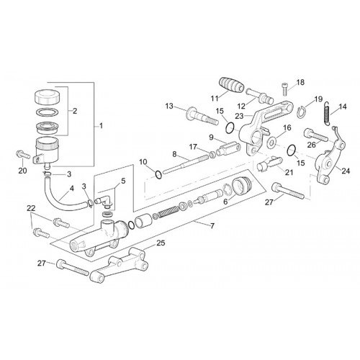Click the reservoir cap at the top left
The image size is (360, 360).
click(x=47, y=96)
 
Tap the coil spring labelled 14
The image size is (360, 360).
click(x=327, y=113)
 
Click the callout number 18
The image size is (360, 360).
click(x=300, y=82)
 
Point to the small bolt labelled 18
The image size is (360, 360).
click(x=284, y=89)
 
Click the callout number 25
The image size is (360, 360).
click(x=161, y=243)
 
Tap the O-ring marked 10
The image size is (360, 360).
click(x=158, y=175)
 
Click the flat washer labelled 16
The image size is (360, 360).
click(x=272, y=143)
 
